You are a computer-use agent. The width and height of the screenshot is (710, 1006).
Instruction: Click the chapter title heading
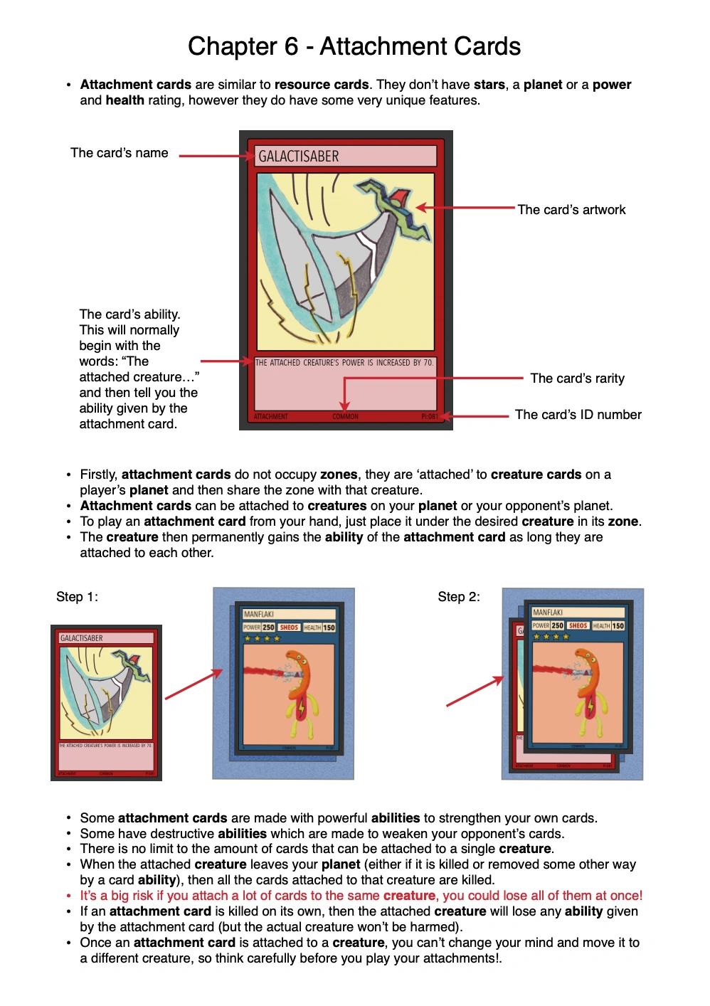(x=354, y=46)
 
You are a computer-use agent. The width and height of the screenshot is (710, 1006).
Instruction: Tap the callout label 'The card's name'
(x=120, y=153)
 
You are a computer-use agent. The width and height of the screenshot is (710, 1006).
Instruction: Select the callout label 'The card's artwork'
(x=571, y=210)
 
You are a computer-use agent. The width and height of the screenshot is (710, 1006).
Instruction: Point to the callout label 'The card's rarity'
(x=577, y=378)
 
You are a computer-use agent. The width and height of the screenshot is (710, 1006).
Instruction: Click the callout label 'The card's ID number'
(x=578, y=415)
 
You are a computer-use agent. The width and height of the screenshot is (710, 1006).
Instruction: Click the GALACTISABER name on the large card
(x=299, y=157)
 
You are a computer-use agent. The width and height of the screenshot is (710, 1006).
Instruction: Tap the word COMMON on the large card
(x=345, y=417)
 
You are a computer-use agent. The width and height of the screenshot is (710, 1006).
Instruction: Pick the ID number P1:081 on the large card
(x=429, y=417)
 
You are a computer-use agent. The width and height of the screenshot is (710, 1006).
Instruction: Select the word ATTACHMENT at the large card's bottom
(x=271, y=417)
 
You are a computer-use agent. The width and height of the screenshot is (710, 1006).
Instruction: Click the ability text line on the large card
(x=344, y=363)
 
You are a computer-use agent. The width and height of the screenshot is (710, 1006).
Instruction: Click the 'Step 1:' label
(x=77, y=597)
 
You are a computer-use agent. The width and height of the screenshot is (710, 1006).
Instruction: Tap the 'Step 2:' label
(x=458, y=597)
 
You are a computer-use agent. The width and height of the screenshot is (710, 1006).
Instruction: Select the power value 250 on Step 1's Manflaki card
(x=268, y=628)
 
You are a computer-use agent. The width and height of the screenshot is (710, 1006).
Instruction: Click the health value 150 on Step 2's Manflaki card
(x=618, y=626)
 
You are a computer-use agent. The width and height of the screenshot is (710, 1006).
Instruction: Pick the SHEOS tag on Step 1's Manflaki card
(x=289, y=628)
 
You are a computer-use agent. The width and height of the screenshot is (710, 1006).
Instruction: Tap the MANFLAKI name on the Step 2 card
(x=548, y=613)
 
